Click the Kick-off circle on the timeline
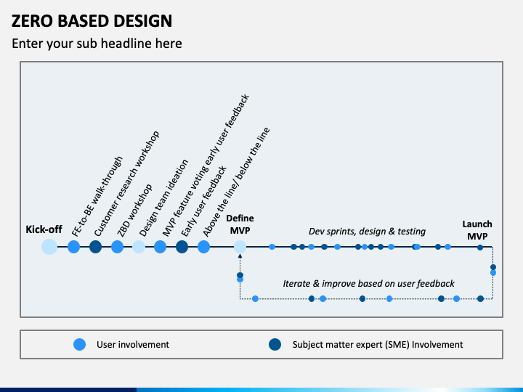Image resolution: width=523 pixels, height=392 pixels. coord(49,247)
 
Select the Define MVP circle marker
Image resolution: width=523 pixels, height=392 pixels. coord(240,247)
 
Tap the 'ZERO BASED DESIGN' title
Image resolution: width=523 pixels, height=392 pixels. coord(92,20)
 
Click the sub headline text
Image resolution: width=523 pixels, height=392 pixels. coord(97,44)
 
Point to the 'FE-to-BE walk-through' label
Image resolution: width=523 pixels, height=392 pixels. coord(97,196)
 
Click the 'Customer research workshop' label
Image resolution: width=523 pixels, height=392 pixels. coord(126,184)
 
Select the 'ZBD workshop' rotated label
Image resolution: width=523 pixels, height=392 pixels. coord(134,211)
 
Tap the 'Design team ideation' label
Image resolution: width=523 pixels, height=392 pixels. coord(163,198)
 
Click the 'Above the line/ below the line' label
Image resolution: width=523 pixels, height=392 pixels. coord(236,182)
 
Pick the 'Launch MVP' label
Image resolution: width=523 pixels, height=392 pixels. coord(477,230)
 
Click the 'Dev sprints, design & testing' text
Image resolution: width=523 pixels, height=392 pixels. coord(367,232)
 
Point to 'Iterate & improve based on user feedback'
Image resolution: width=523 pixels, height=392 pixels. coord(368,284)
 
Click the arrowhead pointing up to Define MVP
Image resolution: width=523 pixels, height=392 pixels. coord(240,256)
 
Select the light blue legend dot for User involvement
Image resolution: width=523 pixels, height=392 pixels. coord(79,344)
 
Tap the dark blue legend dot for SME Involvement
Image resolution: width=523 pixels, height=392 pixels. coord(275,344)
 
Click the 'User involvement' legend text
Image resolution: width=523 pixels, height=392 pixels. coord(133,344)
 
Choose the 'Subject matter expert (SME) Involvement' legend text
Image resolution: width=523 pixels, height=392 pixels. coord(378,344)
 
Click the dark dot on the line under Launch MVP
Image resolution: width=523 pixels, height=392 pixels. coord(480,248)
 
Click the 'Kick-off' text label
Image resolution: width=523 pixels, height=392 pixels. coord(44,229)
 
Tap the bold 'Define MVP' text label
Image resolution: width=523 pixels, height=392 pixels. coord(240,224)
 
